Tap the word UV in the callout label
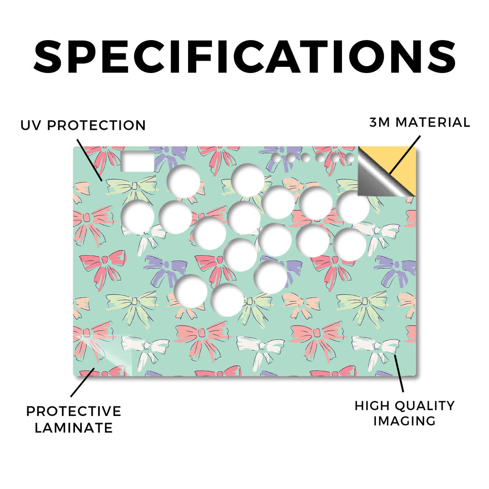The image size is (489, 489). (x=31, y=126)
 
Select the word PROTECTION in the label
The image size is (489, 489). (x=96, y=126)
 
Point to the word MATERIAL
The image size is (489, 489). (x=433, y=122)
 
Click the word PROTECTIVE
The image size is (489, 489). (x=74, y=411)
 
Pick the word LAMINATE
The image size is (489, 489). (x=74, y=428)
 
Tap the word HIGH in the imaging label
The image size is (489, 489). (x=372, y=406)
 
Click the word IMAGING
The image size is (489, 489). (x=404, y=421)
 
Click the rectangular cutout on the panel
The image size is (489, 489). (x=137, y=161)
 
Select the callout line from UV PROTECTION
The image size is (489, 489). (x=89, y=160)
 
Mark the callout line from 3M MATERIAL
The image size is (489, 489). (x=405, y=155)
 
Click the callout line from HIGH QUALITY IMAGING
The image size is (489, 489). (x=399, y=373)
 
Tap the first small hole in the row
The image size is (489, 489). (x=276, y=158)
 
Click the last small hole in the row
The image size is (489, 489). (x=350, y=158)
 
